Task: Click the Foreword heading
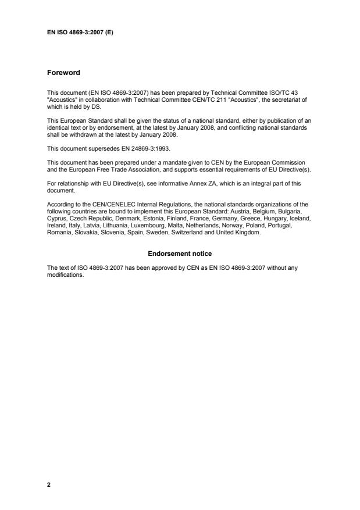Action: click(63, 73)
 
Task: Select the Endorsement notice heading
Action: click(179, 254)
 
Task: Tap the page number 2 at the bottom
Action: click(49, 483)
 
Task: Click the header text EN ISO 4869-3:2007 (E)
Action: click(80, 33)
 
